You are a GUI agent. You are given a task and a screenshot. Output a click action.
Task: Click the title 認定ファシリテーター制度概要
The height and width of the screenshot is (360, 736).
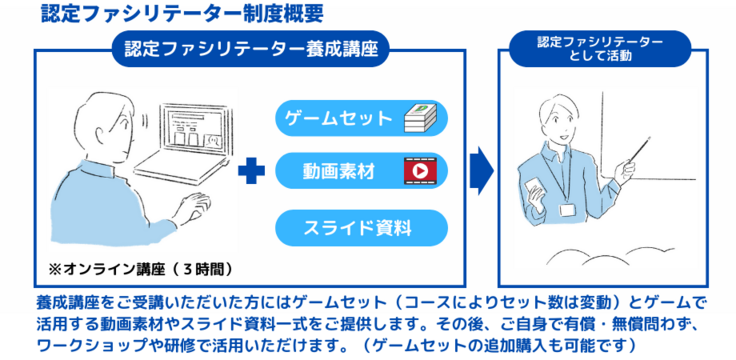[x=182, y=13]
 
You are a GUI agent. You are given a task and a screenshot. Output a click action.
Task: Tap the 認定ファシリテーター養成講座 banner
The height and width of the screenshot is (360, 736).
[x=251, y=49]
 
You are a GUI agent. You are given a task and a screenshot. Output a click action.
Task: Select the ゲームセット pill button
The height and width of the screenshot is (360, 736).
[x=361, y=118]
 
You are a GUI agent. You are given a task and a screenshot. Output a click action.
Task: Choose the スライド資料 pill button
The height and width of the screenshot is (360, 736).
[x=361, y=228]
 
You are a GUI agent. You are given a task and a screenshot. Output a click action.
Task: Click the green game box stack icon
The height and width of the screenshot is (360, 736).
[x=420, y=118]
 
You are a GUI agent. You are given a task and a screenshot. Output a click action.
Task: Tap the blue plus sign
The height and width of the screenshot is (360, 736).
[x=251, y=171]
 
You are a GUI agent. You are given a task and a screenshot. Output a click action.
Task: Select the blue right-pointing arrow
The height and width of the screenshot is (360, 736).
[x=482, y=170]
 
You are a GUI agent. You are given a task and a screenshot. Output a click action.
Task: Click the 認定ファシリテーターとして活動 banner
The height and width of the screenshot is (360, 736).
[x=600, y=49]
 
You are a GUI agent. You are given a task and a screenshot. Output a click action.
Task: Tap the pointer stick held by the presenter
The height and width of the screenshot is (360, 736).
[x=639, y=150]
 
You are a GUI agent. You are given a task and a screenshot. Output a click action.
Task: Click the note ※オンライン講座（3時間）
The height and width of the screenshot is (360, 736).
[x=141, y=270]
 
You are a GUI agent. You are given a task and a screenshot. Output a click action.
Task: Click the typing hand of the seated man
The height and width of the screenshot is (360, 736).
[x=193, y=208]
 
